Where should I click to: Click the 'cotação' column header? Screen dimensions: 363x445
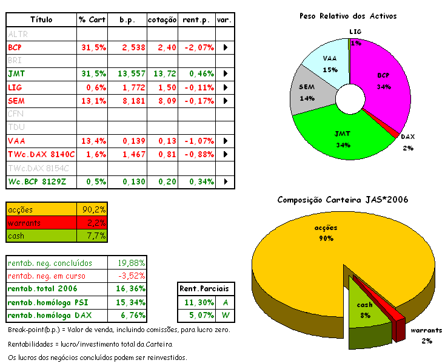click(162, 20)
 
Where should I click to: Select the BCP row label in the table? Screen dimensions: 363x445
click(15, 47)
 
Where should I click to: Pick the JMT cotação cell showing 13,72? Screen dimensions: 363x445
click(162, 73)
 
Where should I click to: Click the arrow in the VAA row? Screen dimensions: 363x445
click(226, 141)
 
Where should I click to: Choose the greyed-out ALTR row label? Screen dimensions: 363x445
click(18, 34)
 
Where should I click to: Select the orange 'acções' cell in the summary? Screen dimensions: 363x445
click(41, 209)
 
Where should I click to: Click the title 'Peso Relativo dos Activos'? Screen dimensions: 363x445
click(347, 16)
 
